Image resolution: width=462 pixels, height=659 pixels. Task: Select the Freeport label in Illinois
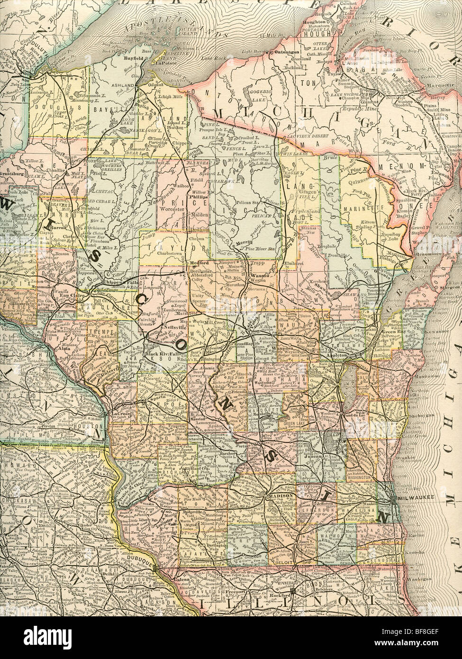(231, 592)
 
